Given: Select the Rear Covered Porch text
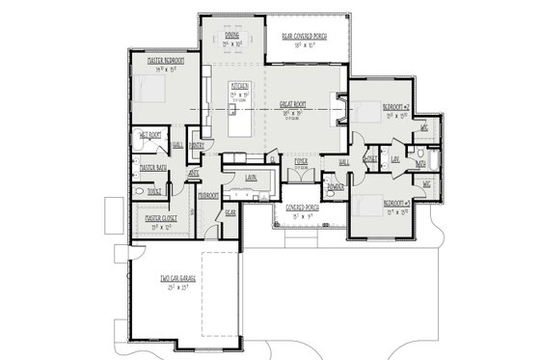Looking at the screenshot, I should [x=304, y=37].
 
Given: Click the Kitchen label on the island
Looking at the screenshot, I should [x=240, y=86].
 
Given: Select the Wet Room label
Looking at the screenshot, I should [x=149, y=134].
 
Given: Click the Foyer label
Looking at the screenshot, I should [x=301, y=161].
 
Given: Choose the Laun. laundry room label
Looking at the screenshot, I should [x=250, y=178].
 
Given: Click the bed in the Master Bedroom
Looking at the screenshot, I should [x=152, y=90].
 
